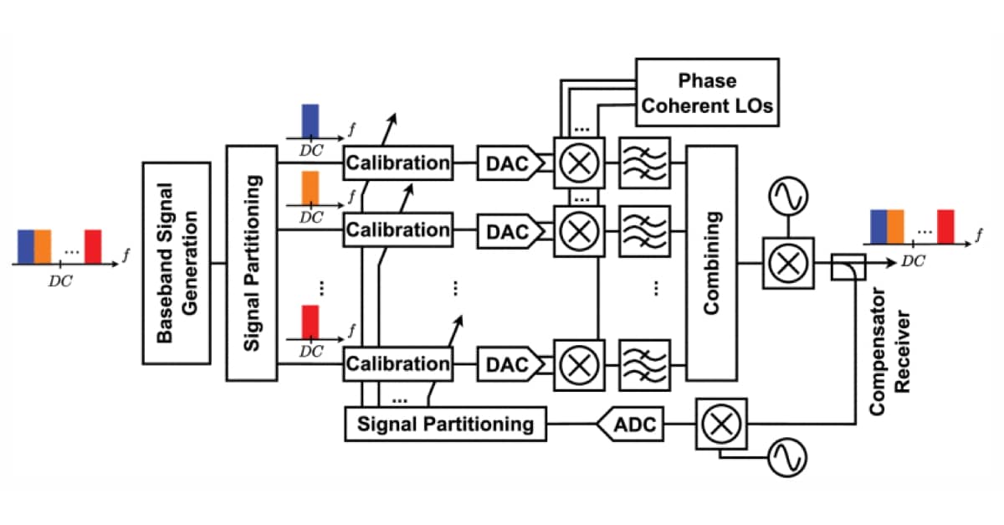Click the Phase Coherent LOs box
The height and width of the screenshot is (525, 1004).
tap(707, 92)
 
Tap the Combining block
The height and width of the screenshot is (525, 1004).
tap(711, 263)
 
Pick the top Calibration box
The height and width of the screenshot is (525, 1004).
tap(397, 162)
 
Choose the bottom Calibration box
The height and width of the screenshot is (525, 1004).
tap(397, 364)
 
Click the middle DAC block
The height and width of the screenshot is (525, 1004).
tap(508, 229)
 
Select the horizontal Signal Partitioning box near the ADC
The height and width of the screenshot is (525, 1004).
tap(444, 424)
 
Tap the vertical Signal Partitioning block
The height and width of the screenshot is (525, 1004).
tap(251, 263)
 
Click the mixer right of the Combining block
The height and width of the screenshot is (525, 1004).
tap(787, 263)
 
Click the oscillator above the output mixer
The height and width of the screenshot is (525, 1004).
tap(788, 196)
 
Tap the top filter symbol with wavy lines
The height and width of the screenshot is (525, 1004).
tap(644, 162)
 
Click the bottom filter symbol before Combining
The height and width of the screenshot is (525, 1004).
tap(644, 364)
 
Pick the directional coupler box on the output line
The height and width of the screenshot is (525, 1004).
tap(846, 267)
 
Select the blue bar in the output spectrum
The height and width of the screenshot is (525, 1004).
tap(878, 226)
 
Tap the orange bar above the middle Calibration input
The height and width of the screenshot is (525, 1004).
tap(310, 189)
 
